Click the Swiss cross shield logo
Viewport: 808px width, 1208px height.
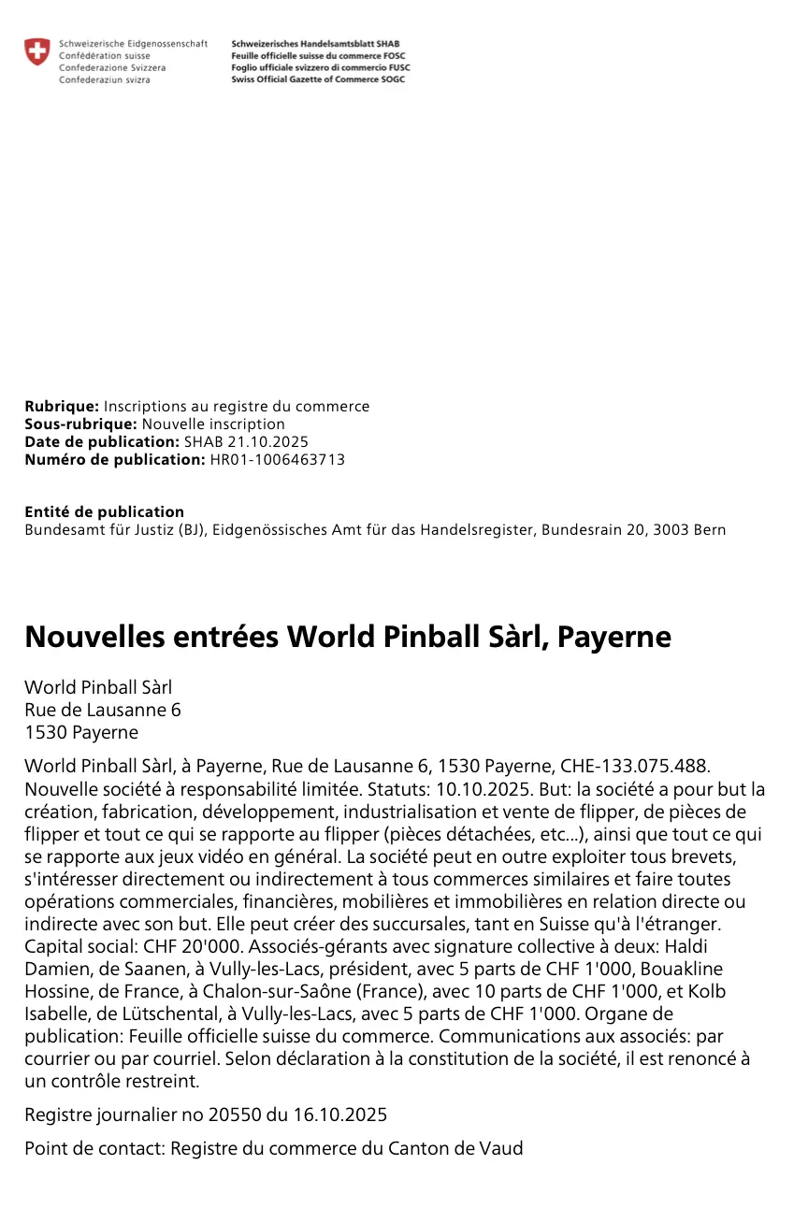pyautogui.click(x=37, y=51)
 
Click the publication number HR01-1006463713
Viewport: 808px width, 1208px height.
pyautogui.click(x=277, y=459)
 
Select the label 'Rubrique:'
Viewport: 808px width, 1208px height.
pyautogui.click(x=62, y=406)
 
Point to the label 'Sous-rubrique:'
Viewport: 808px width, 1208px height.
pyautogui.click(x=80, y=424)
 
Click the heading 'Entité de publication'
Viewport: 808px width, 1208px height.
pyautogui.click(x=104, y=511)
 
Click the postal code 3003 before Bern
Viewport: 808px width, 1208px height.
pyautogui.click(x=671, y=530)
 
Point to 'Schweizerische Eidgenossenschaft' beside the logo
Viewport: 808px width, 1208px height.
pyautogui.click(x=133, y=44)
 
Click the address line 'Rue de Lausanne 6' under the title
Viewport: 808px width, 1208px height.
pyautogui.click(x=103, y=710)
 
